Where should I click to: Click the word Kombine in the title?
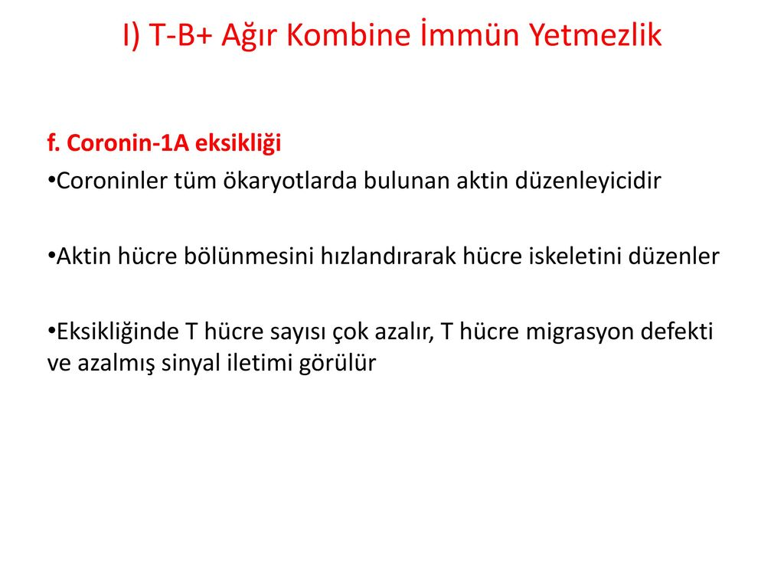pos(348,35)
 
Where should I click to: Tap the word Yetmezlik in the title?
pos(595,35)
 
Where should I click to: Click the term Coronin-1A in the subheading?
pos(128,143)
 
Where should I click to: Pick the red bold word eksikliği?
pos(238,144)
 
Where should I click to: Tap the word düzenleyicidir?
pos(588,181)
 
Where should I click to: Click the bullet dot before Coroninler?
pos(51,179)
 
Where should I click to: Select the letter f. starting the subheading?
pos(54,143)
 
